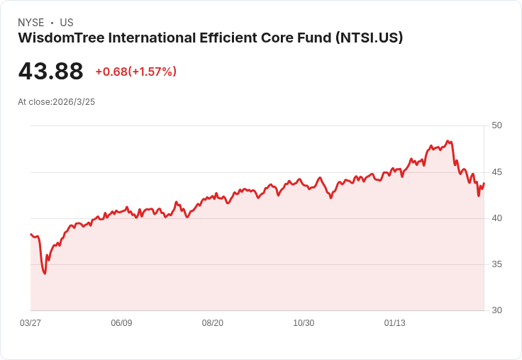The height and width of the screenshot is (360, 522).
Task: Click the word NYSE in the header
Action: (x=31, y=23)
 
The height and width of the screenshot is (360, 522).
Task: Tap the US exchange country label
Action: (x=67, y=23)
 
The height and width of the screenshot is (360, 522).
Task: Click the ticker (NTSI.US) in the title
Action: (x=369, y=38)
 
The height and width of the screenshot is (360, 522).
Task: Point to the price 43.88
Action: (x=50, y=71)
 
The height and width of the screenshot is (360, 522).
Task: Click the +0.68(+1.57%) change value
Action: (x=136, y=72)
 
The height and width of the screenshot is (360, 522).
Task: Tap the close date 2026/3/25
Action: (x=74, y=102)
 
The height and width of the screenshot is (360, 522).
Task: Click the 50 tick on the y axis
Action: (x=496, y=125)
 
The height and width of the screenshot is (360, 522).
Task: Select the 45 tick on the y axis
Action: (x=496, y=172)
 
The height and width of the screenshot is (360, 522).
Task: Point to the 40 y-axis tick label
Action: (x=496, y=218)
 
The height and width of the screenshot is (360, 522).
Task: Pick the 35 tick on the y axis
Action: (x=496, y=264)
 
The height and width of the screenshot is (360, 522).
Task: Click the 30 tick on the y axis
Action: (x=496, y=310)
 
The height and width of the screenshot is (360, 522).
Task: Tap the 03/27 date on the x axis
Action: (x=30, y=323)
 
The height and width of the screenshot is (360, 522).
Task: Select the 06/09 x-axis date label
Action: (x=121, y=323)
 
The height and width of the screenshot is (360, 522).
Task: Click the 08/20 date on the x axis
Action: (x=213, y=323)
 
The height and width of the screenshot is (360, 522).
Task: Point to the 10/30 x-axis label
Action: (x=304, y=323)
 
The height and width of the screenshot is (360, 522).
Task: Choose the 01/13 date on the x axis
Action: (x=395, y=323)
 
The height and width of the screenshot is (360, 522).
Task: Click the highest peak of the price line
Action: (x=448, y=141)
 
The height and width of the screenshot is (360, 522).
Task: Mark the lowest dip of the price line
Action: (x=45, y=273)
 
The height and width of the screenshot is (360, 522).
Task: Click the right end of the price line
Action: (x=484, y=184)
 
